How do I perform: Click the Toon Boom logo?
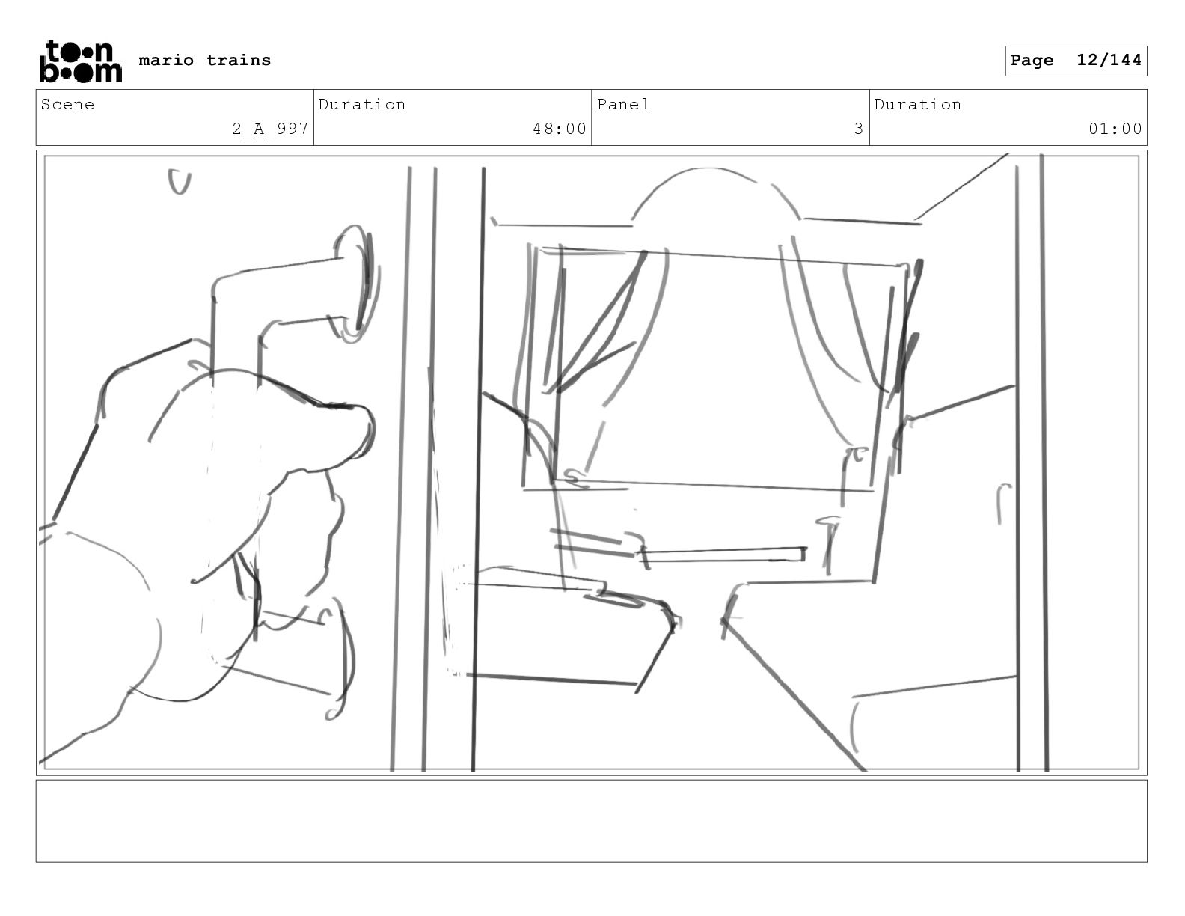coord(81,61)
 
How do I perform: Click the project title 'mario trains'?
coord(204,60)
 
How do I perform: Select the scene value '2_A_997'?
coord(271,129)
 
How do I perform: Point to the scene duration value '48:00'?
coord(560,129)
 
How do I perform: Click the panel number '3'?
coord(859,129)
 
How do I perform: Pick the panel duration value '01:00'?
coord(1115,129)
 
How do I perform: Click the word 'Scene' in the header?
coord(67,104)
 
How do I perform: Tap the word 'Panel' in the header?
coord(623,104)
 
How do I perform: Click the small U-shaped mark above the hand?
coord(180,181)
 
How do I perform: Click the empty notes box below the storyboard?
coord(591,821)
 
